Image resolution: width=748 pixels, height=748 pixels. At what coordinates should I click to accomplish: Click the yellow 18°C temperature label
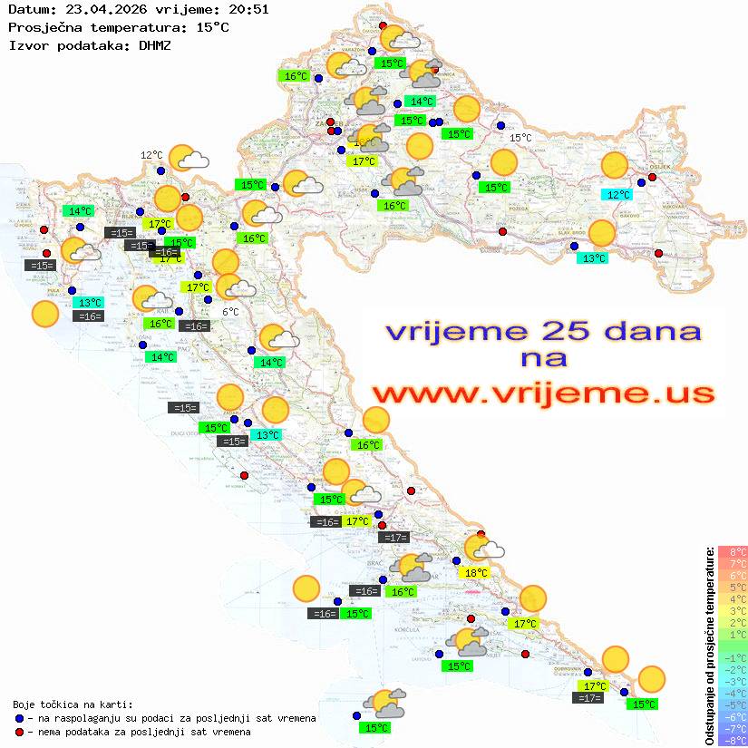[476, 573]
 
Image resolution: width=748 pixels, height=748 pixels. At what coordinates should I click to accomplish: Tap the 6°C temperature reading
[230, 312]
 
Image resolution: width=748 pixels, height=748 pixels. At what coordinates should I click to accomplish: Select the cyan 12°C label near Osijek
[618, 194]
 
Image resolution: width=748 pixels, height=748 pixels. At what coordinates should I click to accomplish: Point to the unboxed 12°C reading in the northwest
[151, 155]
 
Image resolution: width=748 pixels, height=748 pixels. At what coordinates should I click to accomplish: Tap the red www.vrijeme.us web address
[542, 394]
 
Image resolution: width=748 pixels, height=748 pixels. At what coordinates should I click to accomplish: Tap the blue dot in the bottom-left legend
[19, 718]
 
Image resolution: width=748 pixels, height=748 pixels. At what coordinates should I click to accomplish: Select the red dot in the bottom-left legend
[19, 732]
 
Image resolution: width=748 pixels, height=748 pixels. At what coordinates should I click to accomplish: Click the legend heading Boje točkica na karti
[73, 704]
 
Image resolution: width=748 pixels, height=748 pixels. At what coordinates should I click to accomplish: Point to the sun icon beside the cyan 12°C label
[615, 166]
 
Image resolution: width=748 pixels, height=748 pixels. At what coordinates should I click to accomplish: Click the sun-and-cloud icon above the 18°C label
[482, 548]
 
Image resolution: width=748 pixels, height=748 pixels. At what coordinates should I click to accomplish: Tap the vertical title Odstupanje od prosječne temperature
[710, 645]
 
